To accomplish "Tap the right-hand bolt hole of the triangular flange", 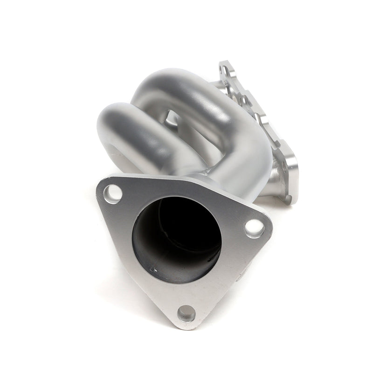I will [x=253, y=227].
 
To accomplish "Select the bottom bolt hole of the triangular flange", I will [x=186, y=312].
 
